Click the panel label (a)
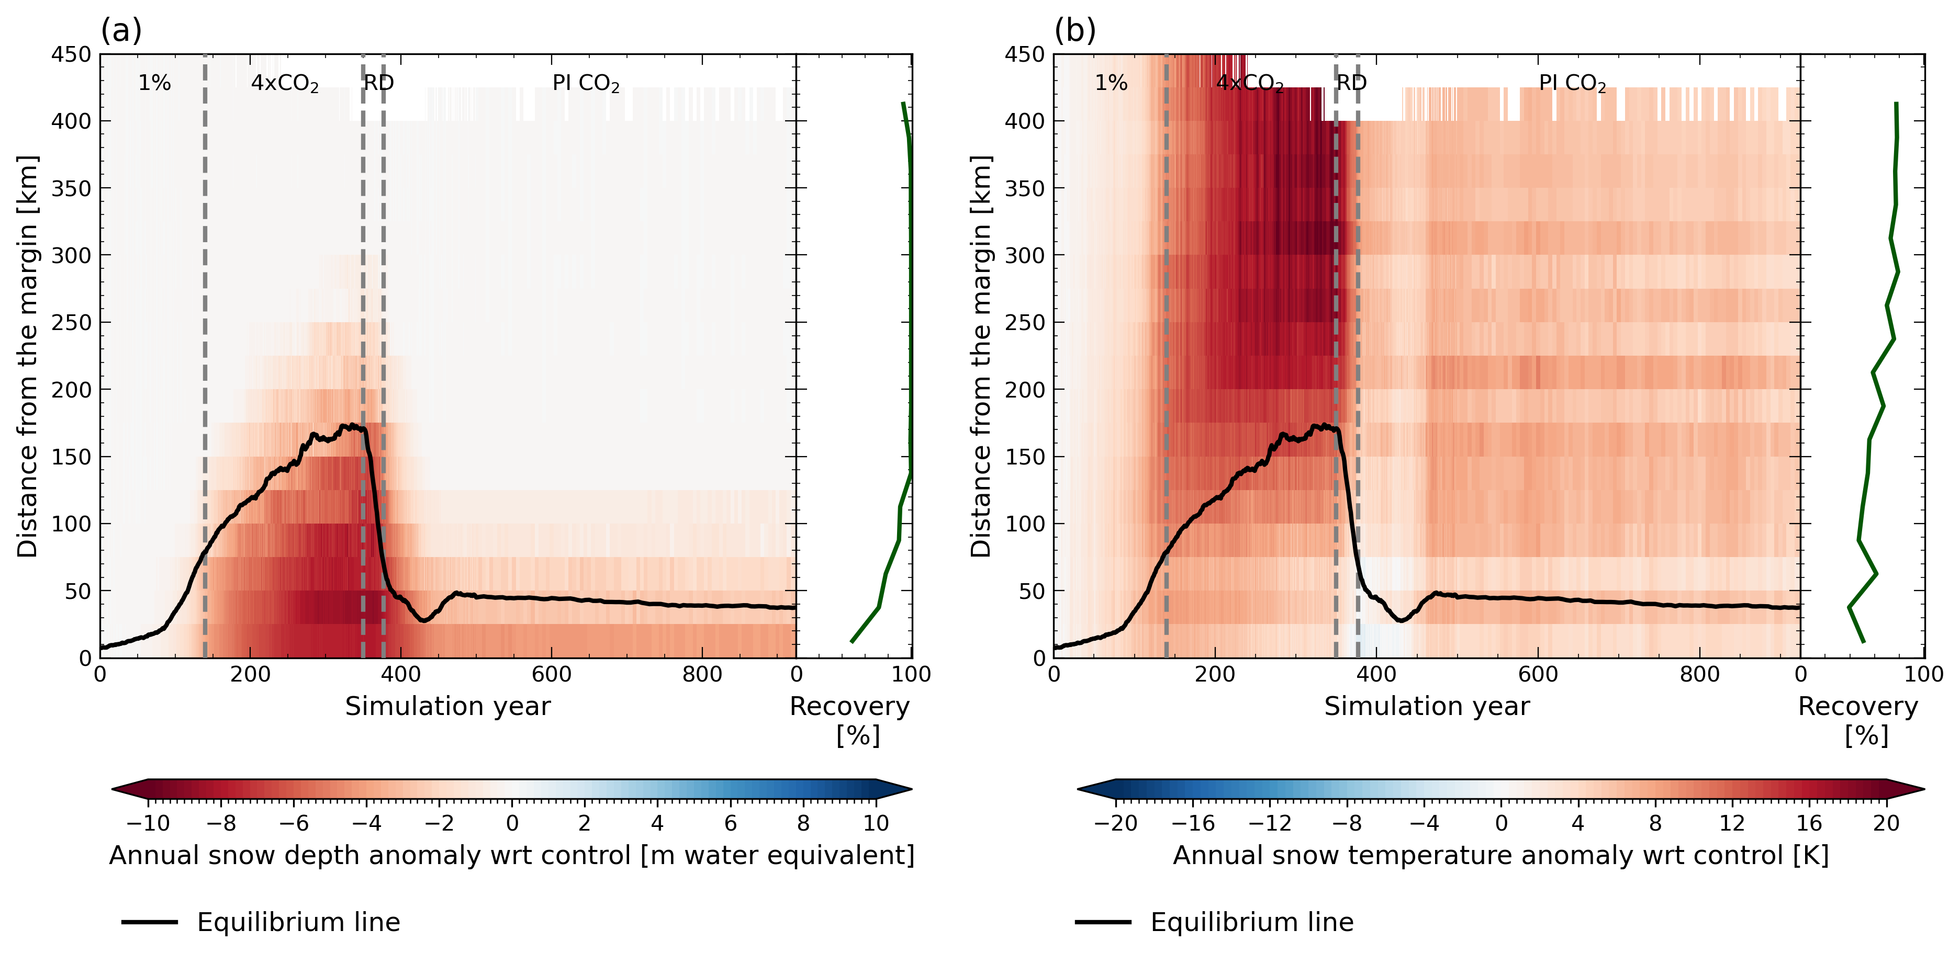point(121,31)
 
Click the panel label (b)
point(1074,31)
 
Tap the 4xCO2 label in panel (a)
point(285,83)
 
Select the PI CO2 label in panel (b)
point(1572,83)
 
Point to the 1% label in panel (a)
point(154,83)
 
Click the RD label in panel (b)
point(1351,83)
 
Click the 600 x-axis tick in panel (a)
point(551,675)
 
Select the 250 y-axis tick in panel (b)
point(1024,323)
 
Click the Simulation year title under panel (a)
point(447,707)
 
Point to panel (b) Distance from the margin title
point(981,356)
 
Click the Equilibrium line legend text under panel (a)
point(298,923)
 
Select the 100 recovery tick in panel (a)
point(911,675)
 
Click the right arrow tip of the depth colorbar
point(909,789)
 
